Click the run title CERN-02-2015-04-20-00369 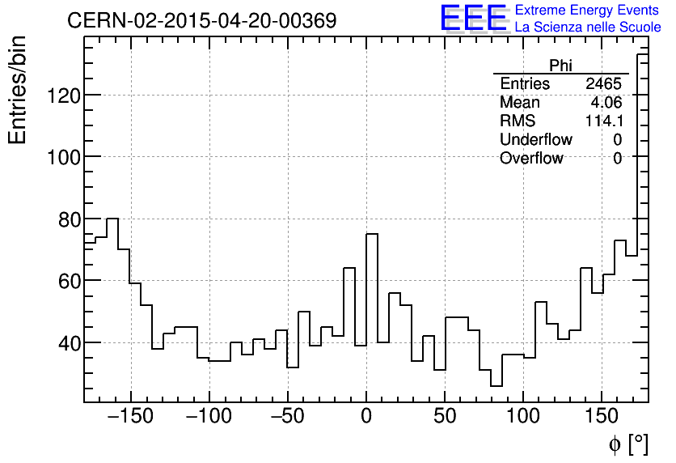pyautogui.click(x=201, y=21)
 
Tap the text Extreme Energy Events pyautogui.click(x=588, y=11)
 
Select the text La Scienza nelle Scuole pyautogui.click(x=588, y=28)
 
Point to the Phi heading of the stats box pyautogui.click(x=560, y=66)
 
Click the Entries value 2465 pyautogui.click(x=603, y=84)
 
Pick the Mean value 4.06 pyautogui.click(x=606, y=103)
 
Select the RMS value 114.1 pyautogui.click(x=603, y=121)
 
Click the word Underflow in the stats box pyautogui.click(x=535, y=140)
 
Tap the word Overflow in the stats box pyautogui.click(x=531, y=159)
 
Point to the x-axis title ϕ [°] pyautogui.click(x=627, y=444)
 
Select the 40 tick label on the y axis pyautogui.click(x=66, y=343)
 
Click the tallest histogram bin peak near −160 pyautogui.click(x=112, y=219)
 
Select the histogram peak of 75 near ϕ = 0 pyautogui.click(x=372, y=234)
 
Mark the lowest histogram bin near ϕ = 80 pyautogui.click(x=496, y=386)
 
